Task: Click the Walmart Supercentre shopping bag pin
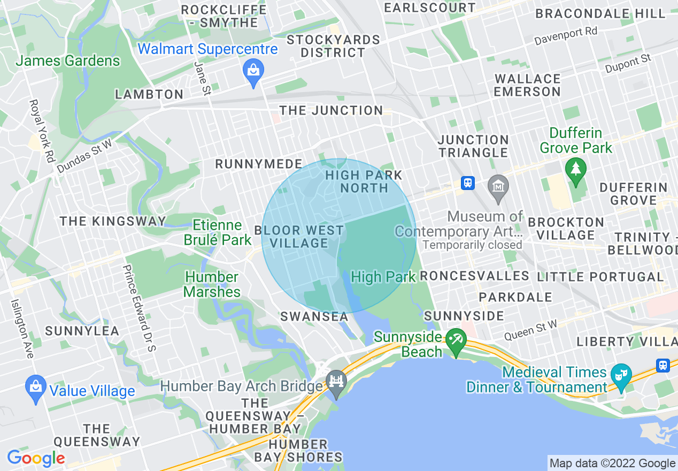(252, 71)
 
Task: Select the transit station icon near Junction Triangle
(468, 183)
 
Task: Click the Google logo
(36, 458)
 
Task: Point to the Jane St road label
(202, 78)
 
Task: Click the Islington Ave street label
(22, 328)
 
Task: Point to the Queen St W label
(531, 330)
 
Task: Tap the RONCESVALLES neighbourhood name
(474, 276)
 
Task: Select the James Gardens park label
(68, 61)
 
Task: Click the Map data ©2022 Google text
(612, 463)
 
